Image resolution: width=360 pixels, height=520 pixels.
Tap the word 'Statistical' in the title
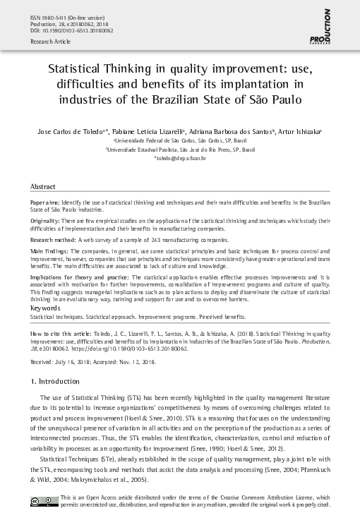(x=80, y=72)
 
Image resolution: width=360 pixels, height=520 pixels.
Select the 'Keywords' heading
(x=46, y=308)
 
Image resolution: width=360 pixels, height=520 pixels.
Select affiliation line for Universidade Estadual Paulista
(x=180, y=150)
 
